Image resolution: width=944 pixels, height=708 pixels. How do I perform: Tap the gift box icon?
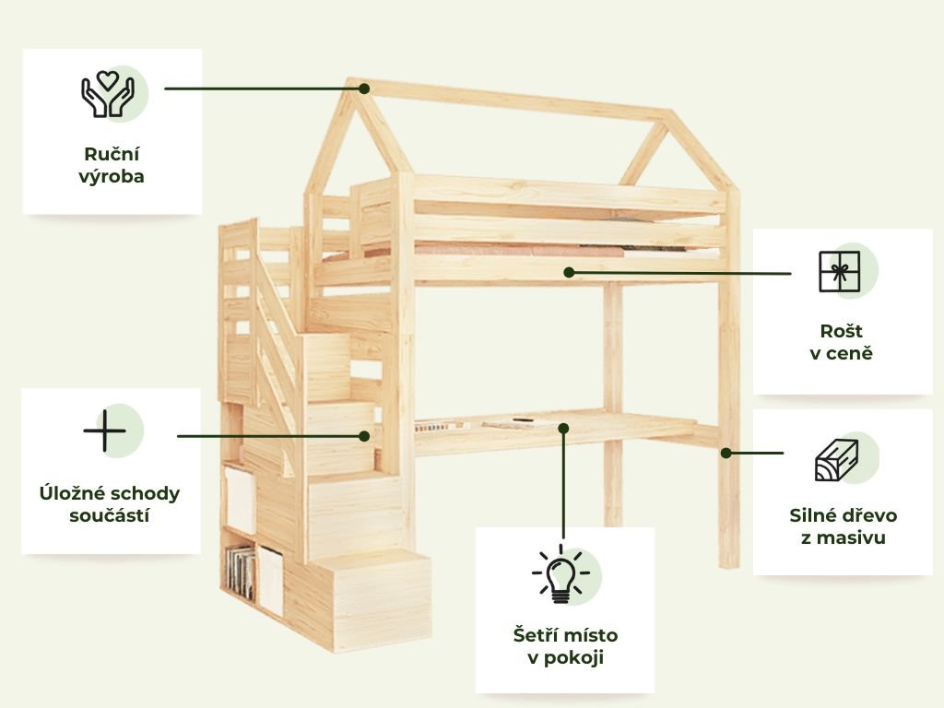pos(839,272)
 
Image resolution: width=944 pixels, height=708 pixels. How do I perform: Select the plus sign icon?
pos(104,431)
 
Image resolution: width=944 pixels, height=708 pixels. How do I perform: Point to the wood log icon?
pos(836,460)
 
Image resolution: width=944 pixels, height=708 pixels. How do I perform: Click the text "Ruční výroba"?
pos(112,165)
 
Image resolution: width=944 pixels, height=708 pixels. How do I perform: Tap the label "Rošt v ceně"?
pos(841,341)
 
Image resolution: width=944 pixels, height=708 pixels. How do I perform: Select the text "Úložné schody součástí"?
pos(110,503)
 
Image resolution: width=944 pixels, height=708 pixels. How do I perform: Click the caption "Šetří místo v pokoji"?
pos(565,646)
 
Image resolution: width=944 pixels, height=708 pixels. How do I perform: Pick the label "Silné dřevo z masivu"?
pos(843,525)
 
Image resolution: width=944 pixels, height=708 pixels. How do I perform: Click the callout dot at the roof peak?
pos(364,88)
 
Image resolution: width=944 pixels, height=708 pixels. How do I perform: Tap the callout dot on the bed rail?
pos(569,272)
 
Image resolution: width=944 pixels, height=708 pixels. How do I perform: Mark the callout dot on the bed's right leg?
pos(726,453)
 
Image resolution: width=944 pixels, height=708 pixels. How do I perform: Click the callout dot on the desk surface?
pos(563,428)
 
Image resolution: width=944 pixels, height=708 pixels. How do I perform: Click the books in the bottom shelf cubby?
pos(242,572)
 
